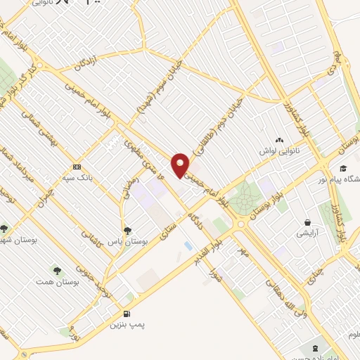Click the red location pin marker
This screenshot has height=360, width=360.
[x=181, y=165]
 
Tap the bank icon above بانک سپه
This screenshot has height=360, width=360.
[x=77, y=167]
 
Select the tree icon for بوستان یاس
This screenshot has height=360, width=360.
[x=127, y=230]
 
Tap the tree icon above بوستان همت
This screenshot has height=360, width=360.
[x=56, y=269]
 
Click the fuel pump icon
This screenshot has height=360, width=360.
[x=127, y=314]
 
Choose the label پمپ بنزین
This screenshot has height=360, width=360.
[x=127, y=326]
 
